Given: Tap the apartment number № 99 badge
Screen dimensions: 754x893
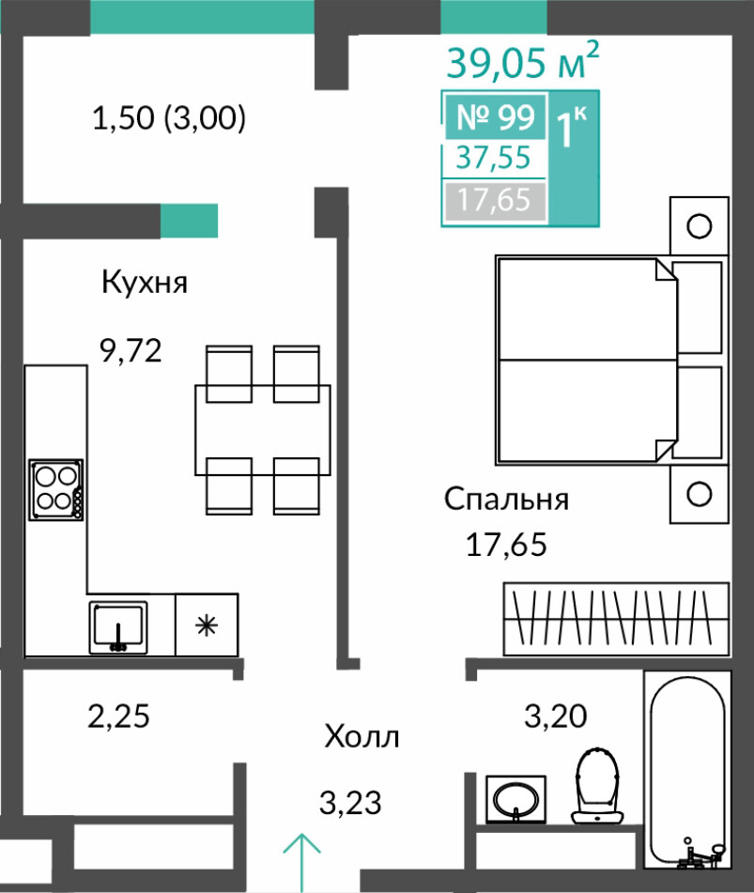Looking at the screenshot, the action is pos(496,117).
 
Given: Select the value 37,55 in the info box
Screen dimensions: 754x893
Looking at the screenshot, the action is pos(493,157).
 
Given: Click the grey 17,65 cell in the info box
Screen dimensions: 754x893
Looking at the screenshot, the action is pos(494,200).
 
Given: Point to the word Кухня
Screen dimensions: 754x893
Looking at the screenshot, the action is pos(145,282).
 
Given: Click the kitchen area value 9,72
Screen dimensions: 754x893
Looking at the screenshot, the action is pos(131,350).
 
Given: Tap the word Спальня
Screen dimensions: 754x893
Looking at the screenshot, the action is pos(506,500).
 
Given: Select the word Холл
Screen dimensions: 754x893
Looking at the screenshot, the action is pos(362,737).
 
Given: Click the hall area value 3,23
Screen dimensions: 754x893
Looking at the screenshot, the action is pos(350,803).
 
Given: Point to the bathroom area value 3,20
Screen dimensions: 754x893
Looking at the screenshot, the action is pos(555,716).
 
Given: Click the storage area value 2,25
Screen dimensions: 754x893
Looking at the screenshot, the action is pos(118,716).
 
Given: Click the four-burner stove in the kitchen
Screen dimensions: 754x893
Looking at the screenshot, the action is pos(55,490).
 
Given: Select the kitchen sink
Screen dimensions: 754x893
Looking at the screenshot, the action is pos(118,627).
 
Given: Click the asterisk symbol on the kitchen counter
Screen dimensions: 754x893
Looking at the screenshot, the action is pos(207,625).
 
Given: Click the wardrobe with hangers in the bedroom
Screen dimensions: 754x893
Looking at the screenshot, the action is pos(616,619).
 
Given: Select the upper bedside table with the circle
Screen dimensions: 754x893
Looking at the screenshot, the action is pos(700,225).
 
